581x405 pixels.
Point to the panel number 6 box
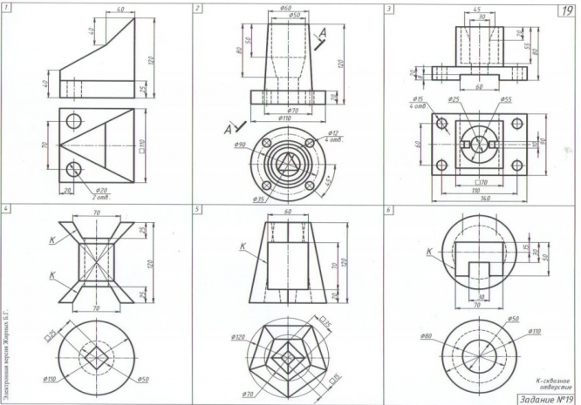(388, 210)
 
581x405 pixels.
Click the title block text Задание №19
(545, 397)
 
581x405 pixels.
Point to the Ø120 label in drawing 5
(238, 337)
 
